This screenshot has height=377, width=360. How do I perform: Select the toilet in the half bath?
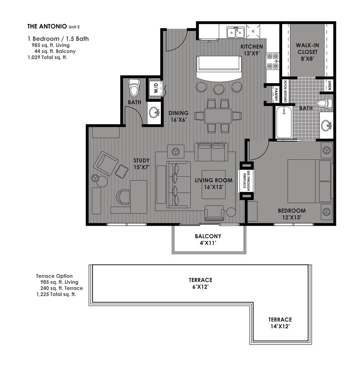click(134, 88)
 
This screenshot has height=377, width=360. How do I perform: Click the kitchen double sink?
click(235, 32)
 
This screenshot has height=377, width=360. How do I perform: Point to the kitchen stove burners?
click(272, 62)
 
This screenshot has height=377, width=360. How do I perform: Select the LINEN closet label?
click(329, 85)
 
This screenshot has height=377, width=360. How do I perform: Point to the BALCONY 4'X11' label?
click(208, 240)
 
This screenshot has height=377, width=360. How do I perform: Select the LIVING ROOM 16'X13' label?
click(213, 184)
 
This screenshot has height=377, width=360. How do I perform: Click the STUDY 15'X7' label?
click(141, 163)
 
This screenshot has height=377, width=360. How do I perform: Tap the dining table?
click(218, 116)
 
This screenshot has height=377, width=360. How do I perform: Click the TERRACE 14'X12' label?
click(280, 323)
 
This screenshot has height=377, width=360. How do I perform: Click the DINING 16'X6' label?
click(178, 116)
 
